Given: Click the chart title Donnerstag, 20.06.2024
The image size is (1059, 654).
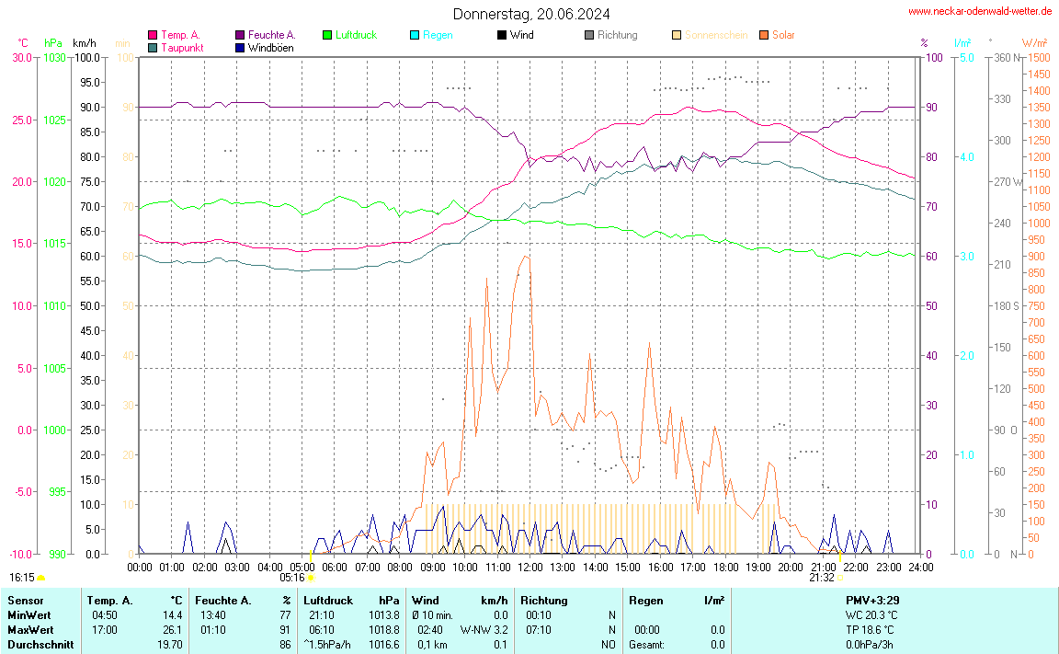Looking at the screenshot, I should coord(530,14).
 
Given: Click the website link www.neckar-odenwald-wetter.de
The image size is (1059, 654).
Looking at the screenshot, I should coord(980,11).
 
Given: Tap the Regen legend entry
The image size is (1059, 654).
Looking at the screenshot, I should coord(438,35).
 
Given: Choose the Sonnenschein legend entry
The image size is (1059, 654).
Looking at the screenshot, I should coord(715,35).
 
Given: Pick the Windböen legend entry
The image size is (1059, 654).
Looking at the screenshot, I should coord(270,47).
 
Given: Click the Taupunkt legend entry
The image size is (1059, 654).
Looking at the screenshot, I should coord(182,47).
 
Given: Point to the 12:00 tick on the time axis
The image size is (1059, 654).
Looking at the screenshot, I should coord(529,568).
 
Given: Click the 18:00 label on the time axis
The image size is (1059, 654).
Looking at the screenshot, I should coord(725,568).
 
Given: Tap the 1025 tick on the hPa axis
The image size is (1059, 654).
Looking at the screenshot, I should coord(54,120).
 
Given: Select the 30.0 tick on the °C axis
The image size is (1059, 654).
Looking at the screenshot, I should coord(22,57).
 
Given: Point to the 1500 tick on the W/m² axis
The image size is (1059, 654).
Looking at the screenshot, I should coord(1039,57).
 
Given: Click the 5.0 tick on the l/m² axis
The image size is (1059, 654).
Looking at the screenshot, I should coord(967,57).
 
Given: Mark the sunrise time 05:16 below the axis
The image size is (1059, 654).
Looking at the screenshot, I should coord(292,578).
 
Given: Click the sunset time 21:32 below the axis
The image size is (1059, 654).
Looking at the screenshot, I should coord(822,578).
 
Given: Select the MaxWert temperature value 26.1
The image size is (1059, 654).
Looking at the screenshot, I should coord(173,630).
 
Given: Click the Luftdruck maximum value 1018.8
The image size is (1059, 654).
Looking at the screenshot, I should coord(384,630).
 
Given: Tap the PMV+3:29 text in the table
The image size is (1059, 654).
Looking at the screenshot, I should coord(871,601).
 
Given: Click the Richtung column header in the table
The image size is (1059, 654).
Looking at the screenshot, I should coord(543,601).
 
